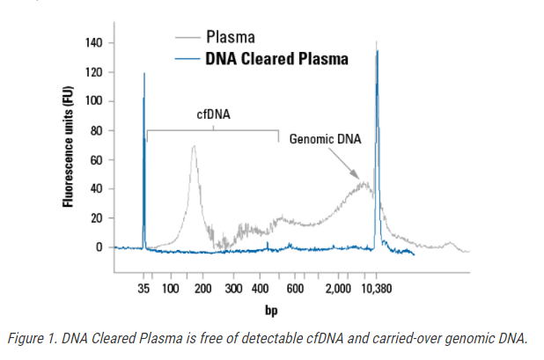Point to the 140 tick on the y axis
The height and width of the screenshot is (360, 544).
(x=92, y=43)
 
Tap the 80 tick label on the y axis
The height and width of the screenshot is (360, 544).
(x=96, y=130)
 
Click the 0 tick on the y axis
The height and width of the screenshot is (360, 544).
(x=99, y=247)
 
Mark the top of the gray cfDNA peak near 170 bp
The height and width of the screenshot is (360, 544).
(x=193, y=146)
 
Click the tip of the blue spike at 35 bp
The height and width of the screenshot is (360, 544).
(x=143, y=74)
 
